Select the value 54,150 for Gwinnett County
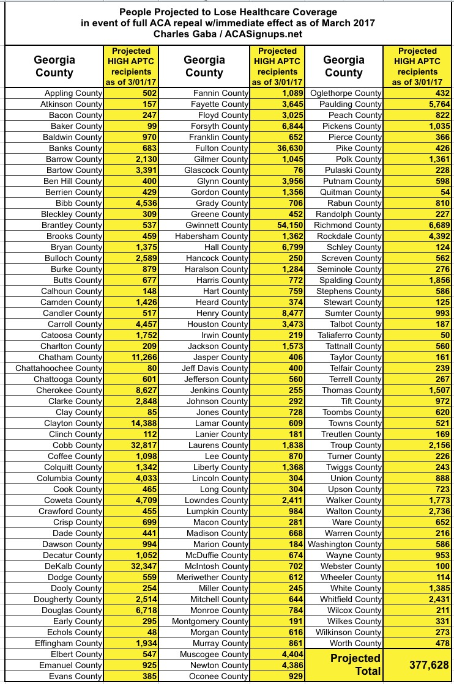(x=284, y=226)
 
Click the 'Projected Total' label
(x=355, y=664)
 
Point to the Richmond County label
(x=349, y=226)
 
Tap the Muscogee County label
(x=216, y=655)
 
